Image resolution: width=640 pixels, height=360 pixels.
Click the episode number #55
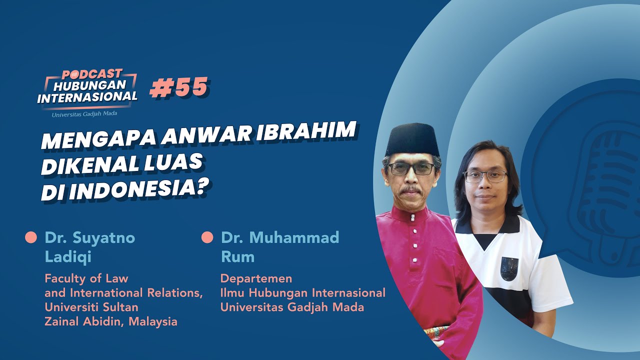179,87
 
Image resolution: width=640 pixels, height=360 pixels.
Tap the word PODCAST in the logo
92,74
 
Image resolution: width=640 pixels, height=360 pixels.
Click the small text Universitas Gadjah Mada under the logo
84,114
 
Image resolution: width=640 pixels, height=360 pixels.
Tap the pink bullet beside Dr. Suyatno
31,237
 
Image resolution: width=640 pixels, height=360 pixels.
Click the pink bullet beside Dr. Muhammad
207,237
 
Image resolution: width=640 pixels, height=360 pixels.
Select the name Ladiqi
68,256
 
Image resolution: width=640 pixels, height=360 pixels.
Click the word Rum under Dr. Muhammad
237,256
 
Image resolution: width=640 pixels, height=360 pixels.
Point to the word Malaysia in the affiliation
153,321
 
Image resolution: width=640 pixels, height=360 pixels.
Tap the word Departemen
256,278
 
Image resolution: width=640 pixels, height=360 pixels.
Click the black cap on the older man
412,139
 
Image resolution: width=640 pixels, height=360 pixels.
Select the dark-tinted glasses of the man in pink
411,168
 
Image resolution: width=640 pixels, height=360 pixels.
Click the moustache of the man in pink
410,190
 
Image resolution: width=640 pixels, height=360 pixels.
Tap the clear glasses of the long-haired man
485,176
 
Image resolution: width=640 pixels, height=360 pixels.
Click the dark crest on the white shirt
509,268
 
